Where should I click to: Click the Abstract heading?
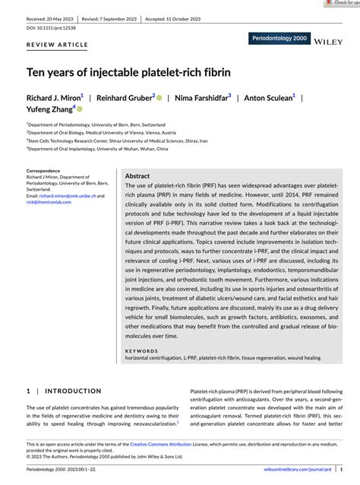coord(137,175)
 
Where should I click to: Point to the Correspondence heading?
coord(43,171)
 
